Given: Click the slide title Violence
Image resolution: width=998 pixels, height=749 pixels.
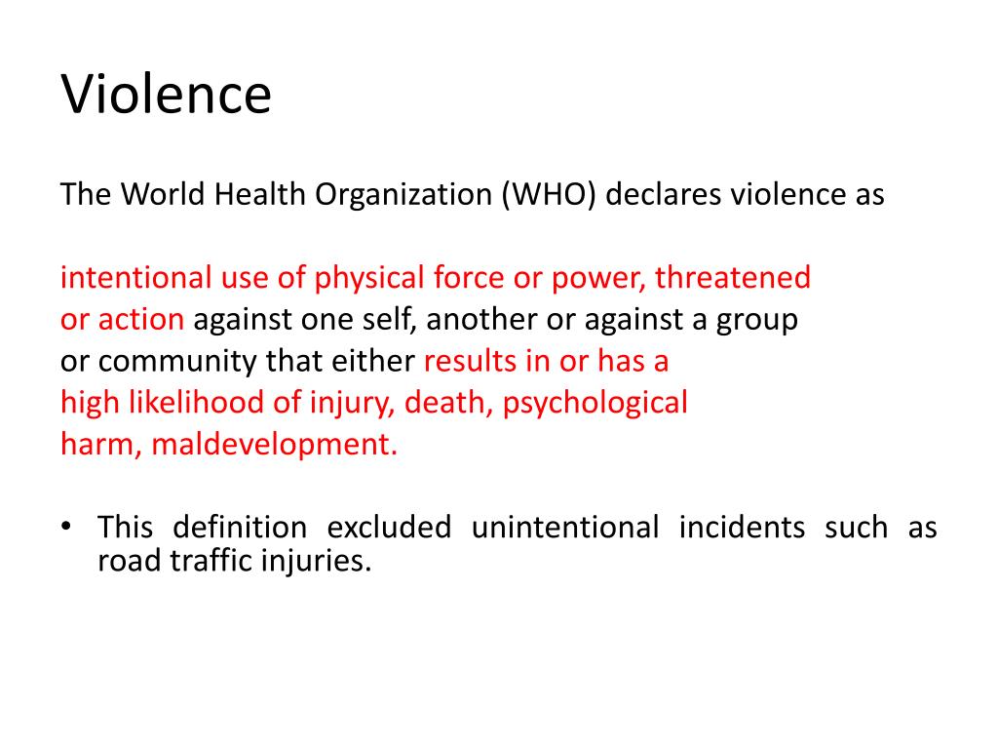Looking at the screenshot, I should (x=166, y=96).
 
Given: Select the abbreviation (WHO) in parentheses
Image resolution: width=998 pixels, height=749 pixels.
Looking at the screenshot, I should (x=549, y=195).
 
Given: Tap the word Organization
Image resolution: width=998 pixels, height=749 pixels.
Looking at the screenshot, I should (x=405, y=195).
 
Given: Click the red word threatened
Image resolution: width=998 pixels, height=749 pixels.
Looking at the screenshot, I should (x=732, y=279).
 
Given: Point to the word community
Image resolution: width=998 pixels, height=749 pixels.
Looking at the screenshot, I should (x=171, y=363).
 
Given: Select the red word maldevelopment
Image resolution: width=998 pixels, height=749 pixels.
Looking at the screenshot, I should (x=275, y=445).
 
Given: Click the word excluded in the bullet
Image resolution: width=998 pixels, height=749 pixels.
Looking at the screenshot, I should (x=389, y=529).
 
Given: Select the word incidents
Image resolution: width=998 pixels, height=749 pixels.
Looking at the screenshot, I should (x=742, y=529).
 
